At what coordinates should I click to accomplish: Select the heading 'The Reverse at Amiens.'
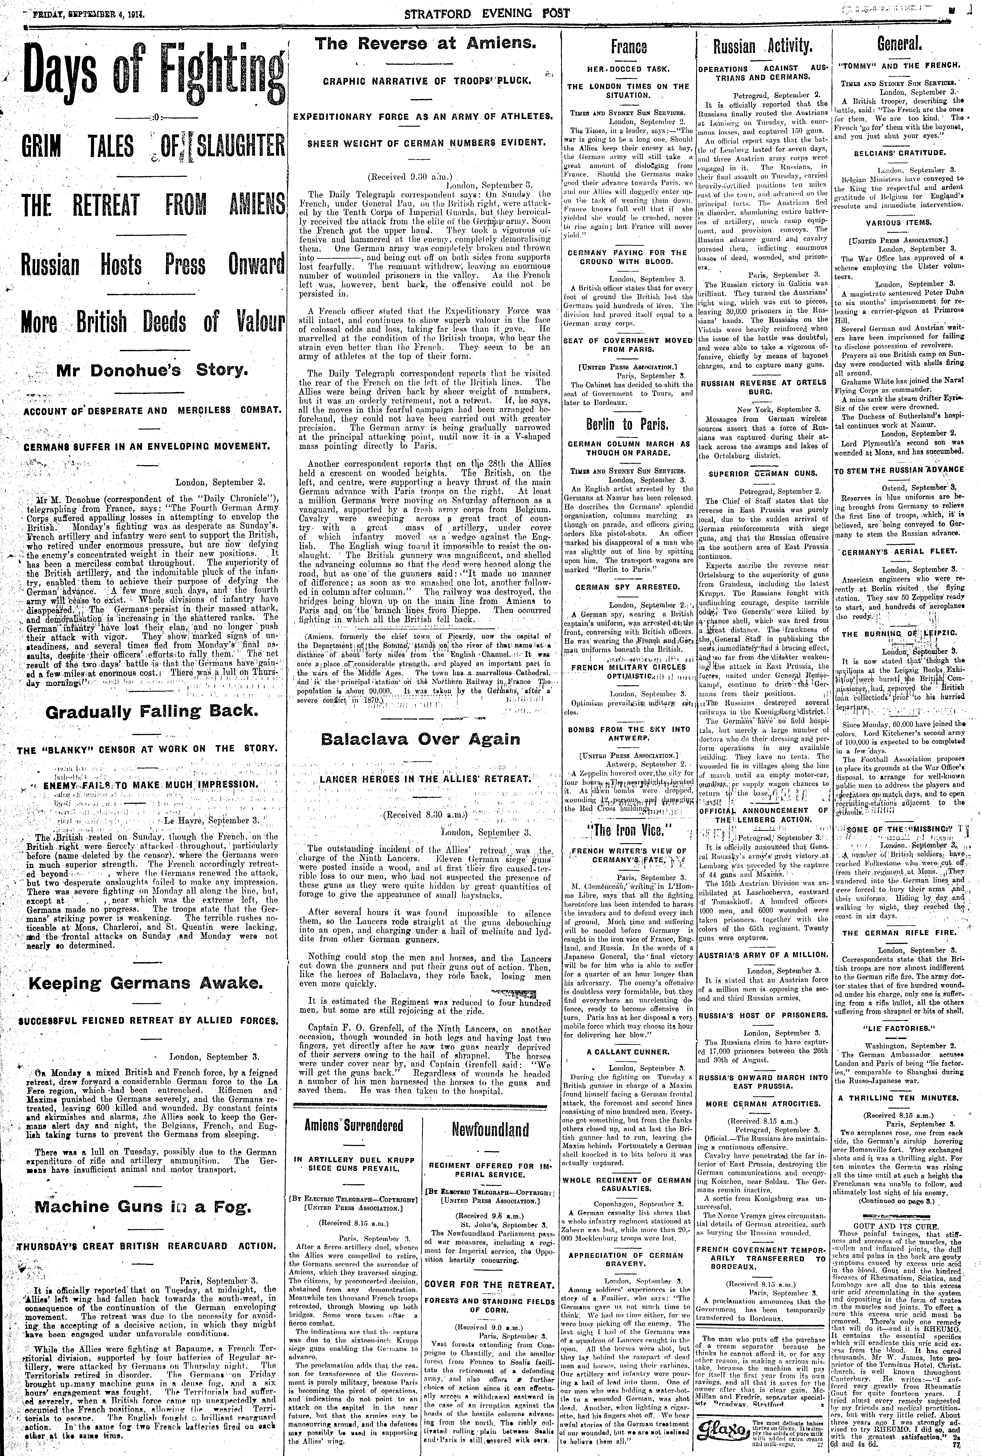425,44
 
